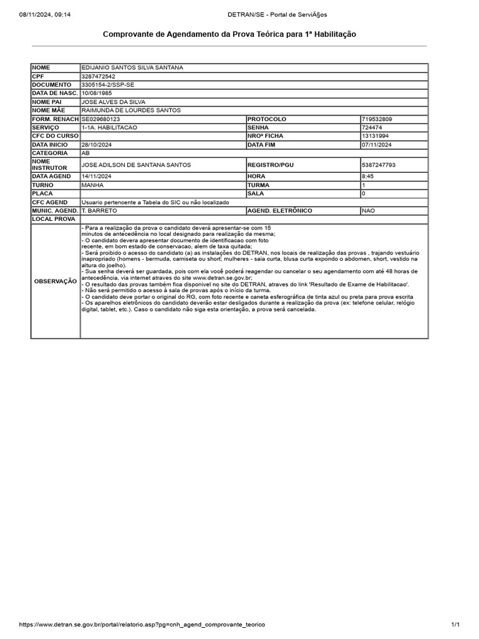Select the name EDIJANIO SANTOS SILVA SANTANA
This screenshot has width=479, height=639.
pos(132,67)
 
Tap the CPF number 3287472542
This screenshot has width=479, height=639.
pos(99,76)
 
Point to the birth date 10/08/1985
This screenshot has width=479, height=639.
pos(96,93)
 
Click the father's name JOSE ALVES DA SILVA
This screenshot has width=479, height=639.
pos(113,102)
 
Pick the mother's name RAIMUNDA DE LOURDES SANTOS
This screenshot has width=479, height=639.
pos(130,110)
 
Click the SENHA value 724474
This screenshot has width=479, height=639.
pos(372,127)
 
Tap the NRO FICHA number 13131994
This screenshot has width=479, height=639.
pos(375,136)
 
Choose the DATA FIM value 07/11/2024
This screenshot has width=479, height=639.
pos(377,145)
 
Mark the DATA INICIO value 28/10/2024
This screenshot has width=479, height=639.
pos(97,145)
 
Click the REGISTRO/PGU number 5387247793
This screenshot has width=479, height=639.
pos(379,165)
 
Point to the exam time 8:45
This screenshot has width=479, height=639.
pos(367,177)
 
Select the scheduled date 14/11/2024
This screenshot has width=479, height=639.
pos(97,177)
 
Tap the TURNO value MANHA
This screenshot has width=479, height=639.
pos(92,185)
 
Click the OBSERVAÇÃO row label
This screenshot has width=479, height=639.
pos(56,281)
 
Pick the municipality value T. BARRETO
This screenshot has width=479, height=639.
pos(99,211)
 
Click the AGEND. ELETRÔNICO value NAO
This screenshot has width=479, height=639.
pos(369,211)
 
